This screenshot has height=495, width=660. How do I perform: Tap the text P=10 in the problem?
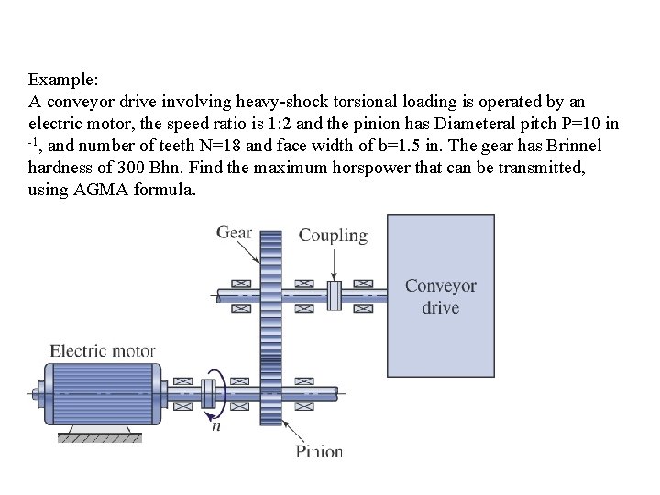580,123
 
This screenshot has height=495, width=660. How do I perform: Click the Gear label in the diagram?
235,232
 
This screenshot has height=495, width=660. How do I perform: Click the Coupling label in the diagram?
333,236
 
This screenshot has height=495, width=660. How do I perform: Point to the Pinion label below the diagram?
319,450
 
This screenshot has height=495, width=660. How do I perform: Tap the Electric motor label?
103,350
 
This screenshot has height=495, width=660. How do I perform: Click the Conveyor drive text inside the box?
441,296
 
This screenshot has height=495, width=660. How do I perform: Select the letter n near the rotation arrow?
215,423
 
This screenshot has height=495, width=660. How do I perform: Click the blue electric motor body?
103,390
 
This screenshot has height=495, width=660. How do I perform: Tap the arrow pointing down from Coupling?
334,263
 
